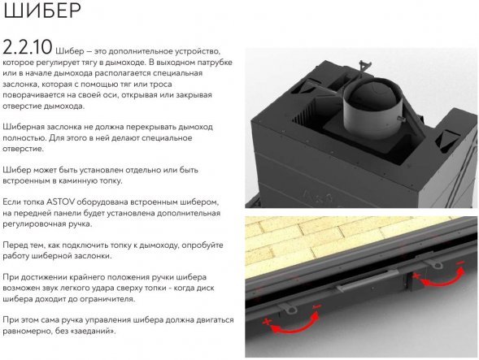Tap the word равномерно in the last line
[31, 332]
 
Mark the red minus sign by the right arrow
[460, 265]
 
